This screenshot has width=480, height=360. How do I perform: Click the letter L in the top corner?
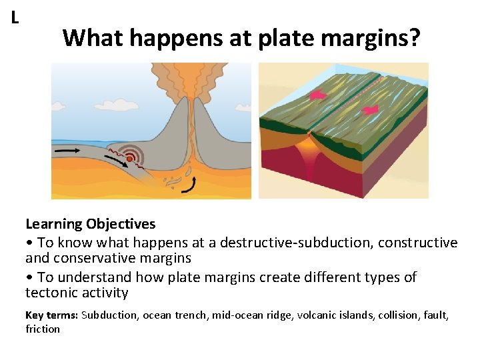(15, 18)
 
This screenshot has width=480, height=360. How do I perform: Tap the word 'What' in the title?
(93, 38)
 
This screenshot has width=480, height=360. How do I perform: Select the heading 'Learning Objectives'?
(90, 224)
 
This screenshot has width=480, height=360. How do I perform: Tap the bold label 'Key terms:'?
(51, 315)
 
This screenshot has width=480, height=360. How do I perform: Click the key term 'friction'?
(42, 329)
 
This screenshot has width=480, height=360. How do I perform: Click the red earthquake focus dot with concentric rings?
(129, 158)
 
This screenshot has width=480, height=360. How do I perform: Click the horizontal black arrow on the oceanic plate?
(68, 151)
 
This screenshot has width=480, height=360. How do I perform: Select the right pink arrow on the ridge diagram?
(369, 108)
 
